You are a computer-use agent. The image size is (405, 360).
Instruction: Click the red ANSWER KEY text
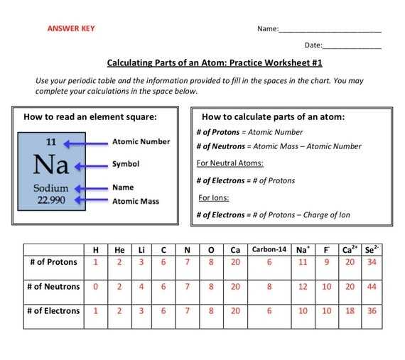pos(70,29)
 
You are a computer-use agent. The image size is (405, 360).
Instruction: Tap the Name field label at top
pos(267,29)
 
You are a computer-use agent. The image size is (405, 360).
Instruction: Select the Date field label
pos(313,45)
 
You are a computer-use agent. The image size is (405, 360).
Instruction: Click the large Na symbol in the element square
pos(50,165)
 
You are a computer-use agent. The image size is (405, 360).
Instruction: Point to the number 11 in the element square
pos(50,142)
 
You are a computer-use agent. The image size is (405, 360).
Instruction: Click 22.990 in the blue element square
pos(50,200)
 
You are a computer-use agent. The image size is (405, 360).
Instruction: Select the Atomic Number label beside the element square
pos(141,141)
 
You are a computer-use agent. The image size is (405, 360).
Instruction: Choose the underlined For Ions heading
pos(213,197)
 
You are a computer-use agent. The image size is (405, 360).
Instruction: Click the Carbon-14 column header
pos(269,249)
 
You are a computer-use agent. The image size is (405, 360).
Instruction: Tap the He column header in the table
pos(119,249)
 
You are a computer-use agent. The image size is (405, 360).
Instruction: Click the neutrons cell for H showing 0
pos(96,287)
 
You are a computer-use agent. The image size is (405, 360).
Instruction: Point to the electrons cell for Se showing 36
pos(372,311)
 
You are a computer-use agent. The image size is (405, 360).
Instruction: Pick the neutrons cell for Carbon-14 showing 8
pos(269,287)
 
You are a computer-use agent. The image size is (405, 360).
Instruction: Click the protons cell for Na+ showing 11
pos(302,263)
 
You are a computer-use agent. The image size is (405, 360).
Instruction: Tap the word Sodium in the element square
pos(50,188)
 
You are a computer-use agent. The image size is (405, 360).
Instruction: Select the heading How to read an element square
pos(90,116)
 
